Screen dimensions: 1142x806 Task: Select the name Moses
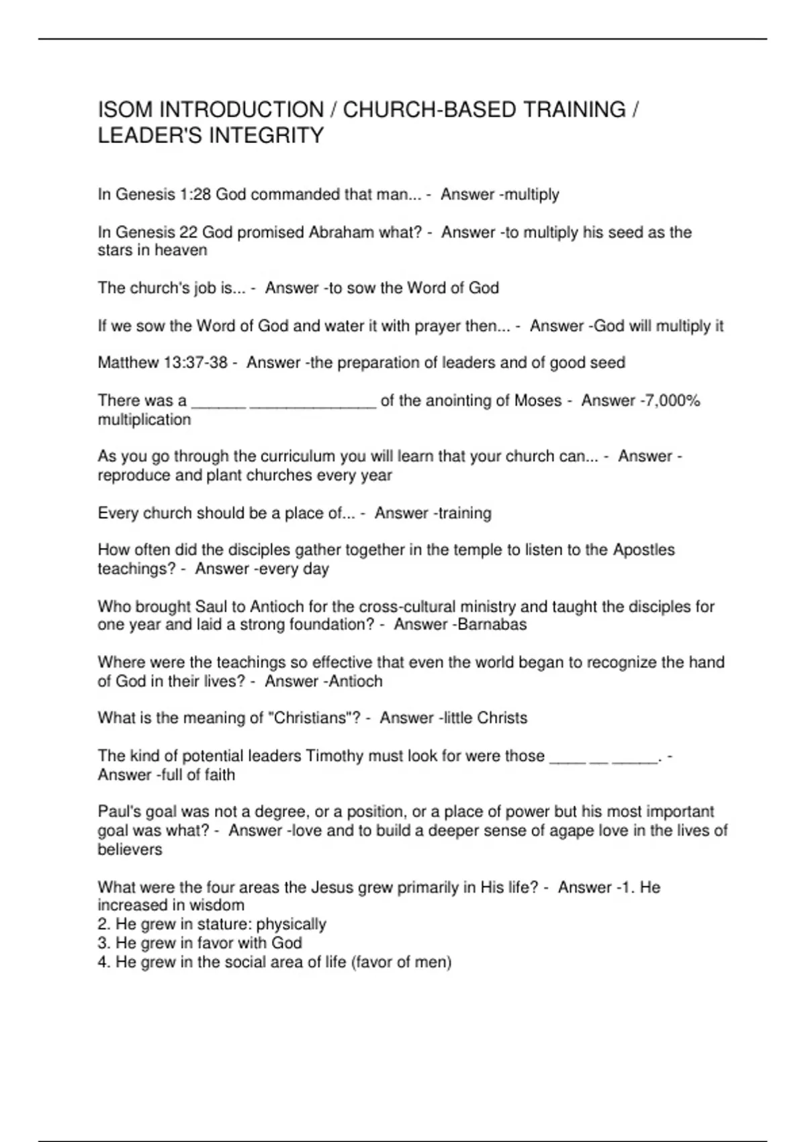pyautogui.click(x=537, y=401)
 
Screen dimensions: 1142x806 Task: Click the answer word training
pyautogui.click(x=465, y=513)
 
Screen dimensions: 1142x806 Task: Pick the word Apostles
pyautogui.click(x=643, y=550)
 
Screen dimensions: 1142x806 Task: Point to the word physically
pyautogui.click(x=291, y=924)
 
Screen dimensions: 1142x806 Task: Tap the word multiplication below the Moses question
pyautogui.click(x=144, y=420)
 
